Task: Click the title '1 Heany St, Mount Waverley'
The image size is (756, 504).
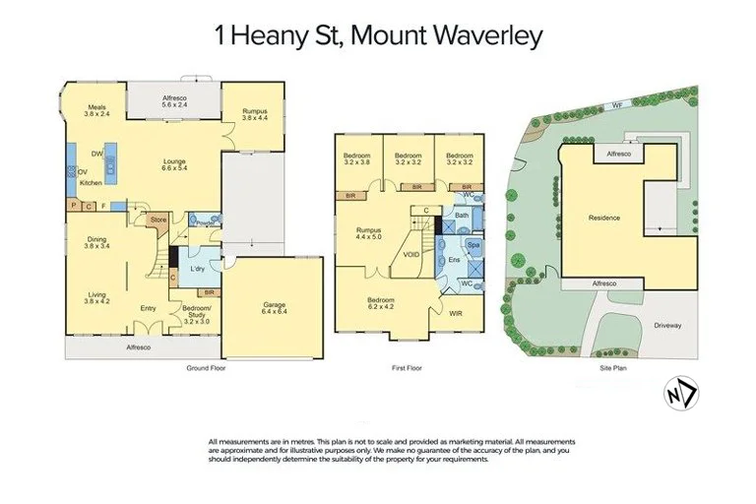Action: pyautogui.click(x=378, y=37)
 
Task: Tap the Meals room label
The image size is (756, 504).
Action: pyautogui.click(x=96, y=110)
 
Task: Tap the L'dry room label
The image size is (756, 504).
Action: pyautogui.click(x=196, y=269)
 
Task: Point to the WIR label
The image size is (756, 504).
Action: pyautogui.click(x=456, y=315)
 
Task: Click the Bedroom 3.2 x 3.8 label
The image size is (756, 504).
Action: pyautogui.click(x=356, y=159)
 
